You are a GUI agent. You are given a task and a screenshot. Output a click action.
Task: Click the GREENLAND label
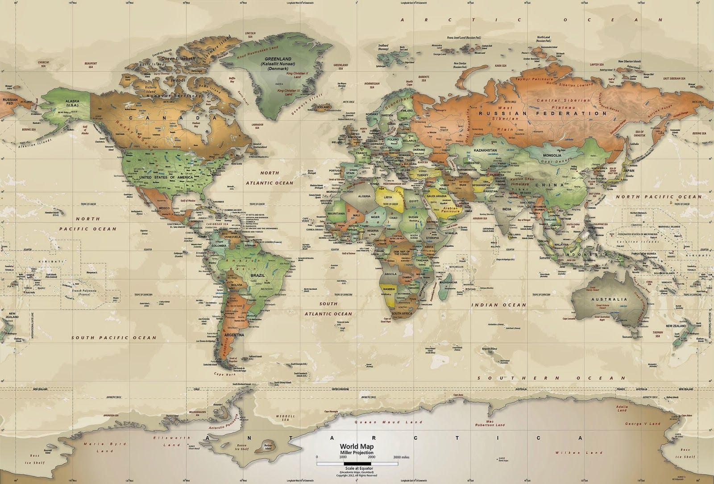(x=278, y=59)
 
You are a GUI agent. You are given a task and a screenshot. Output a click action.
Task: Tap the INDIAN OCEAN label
(x=498, y=305)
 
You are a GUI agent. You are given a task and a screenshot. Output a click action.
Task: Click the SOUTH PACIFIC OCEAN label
(x=114, y=338)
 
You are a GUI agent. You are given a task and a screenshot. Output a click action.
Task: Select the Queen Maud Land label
(x=388, y=421)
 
